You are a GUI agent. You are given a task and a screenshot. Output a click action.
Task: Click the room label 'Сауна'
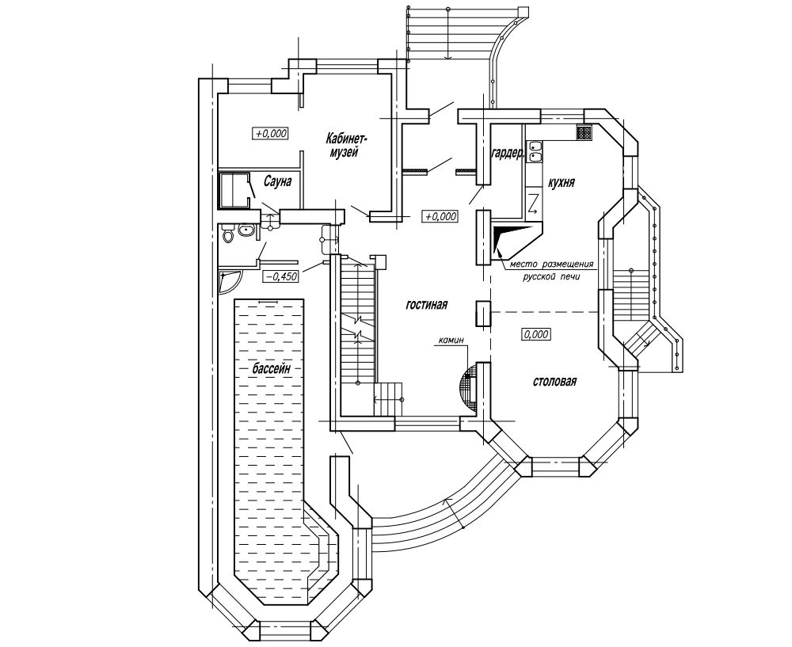(x=277, y=181)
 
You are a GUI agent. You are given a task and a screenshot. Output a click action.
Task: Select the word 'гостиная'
(x=427, y=305)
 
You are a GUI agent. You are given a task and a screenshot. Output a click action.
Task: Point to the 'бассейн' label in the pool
(x=272, y=369)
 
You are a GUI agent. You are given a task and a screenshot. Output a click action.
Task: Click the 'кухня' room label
(x=561, y=182)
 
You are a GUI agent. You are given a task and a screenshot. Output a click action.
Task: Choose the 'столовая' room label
(x=554, y=382)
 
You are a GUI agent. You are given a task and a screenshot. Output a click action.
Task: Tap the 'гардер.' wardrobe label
(x=508, y=154)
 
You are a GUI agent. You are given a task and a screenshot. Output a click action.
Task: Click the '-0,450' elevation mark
(x=280, y=276)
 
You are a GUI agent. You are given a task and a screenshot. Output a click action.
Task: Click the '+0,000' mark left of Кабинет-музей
(x=270, y=133)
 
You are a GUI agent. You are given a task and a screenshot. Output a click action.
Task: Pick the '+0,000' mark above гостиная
(x=440, y=217)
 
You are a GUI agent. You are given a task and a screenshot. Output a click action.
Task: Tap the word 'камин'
(x=451, y=341)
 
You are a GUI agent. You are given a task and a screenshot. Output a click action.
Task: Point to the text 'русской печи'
(x=551, y=277)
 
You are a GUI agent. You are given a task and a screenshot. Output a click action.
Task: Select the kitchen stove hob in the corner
(x=584, y=132)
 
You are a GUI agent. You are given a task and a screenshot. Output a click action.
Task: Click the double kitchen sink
(x=535, y=152)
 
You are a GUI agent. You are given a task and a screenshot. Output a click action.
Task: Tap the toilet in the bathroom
(x=228, y=234)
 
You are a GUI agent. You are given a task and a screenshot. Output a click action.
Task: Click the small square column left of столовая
(x=483, y=314)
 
